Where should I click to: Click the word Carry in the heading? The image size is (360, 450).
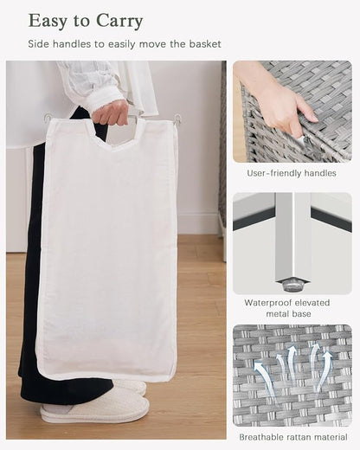[119, 22]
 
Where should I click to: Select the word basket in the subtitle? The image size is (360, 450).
[205, 44]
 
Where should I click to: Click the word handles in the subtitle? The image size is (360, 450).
[72, 44]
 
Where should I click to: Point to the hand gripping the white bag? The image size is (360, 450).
[111, 113]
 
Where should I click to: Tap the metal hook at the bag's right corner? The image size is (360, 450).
[178, 119]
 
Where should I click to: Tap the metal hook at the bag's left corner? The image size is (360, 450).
[47, 118]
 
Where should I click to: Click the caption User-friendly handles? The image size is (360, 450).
[292, 173]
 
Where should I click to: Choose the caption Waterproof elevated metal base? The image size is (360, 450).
[287, 308]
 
